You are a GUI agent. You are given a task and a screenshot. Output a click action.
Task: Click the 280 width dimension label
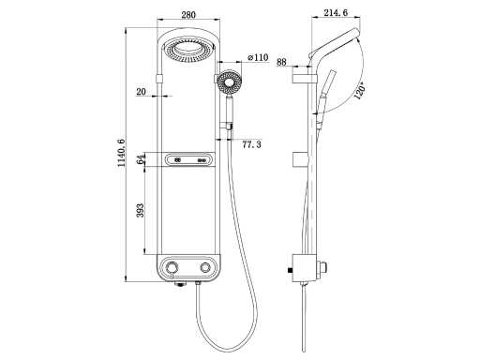point(188,14)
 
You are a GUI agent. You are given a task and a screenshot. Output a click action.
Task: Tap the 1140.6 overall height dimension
point(121,153)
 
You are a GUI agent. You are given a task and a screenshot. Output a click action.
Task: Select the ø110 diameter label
point(258,57)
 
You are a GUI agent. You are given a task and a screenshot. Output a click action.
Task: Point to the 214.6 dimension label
point(336,12)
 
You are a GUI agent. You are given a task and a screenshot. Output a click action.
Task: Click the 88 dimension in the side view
point(281,62)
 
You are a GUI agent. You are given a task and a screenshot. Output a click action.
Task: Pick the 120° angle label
point(360,91)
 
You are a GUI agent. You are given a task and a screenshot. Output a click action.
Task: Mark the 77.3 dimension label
point(251,144)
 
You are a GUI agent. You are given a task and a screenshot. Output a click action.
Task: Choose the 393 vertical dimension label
point(141,210)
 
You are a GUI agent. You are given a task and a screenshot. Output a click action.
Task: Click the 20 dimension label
point(142,92)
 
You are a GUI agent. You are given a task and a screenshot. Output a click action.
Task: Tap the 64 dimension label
point(142,159)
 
